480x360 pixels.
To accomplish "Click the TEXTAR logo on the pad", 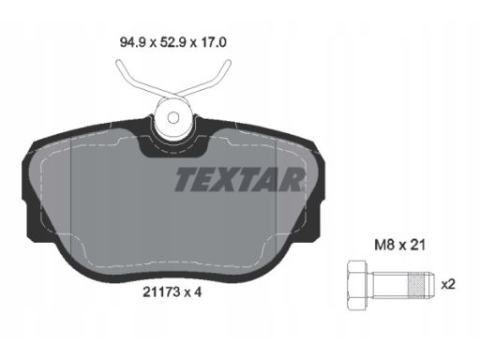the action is pyautogui.click(x=239, y=179).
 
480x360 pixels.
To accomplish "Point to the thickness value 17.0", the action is pyautogui.click(x=213, y=42).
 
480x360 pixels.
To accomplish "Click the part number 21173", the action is pyautogui.click(x=161, y=292).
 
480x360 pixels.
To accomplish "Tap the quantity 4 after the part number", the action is pyautogui.click(x=198, y=292).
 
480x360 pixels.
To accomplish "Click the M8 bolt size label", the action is pyautogui.click(x=384, y=245).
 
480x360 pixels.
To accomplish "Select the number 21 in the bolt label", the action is pyautogui.click(x=417, y=245).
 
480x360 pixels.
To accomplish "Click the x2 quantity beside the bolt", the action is pyautogui.click(x=448, y=284).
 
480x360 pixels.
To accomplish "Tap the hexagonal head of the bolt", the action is pyautogui.click(x=357, y=285).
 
